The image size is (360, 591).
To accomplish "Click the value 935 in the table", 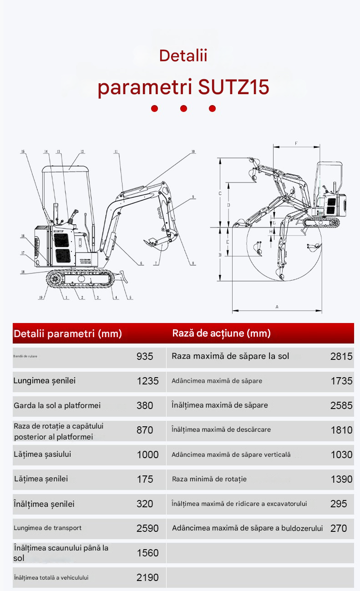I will pyautogui.click(x=145, y=356).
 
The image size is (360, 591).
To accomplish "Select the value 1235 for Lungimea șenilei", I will pyautogui.click(x=147, y=381).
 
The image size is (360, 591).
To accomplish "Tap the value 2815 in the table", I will pyautogui.click(x=341, y=356).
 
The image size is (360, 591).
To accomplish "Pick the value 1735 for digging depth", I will pyautogui.click(x=341, y=381).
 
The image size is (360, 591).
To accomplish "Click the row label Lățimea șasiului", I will pyautogui.click(x=42, y=454).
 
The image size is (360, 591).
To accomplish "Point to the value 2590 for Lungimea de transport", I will pyautogui.click(x=147, y=528).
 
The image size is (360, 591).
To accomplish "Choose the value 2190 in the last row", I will pyautogui.click(x=147, y=577).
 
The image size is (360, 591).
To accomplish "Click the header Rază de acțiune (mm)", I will pyautogui.click(x=221, y=333).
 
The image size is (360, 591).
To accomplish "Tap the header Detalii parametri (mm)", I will pyautogui.click(x=68, y=333).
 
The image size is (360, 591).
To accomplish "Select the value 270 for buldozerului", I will pyautogui.click(x=339, y=528).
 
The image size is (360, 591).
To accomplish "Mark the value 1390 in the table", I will pyautogui.click(x=341, y=479).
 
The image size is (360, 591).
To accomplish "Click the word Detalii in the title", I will pyautogui.click(x=183, y=56).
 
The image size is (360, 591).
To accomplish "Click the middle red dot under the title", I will pyautogui.click(x=183, y=109).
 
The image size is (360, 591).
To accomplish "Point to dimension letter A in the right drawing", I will pyautogui.click(x=277, y=307).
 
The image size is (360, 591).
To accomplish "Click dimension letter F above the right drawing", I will pyautogui.click(x=296, y=143).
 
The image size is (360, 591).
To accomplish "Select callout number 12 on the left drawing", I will pyautogui.click(x=82, y=152).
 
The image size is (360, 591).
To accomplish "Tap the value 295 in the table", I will pyautogui.click(x=339, y=504).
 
